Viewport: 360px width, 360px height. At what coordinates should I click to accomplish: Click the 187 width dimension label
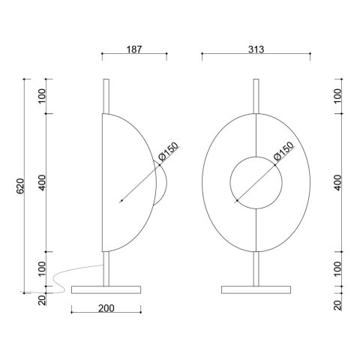tap(134, 49)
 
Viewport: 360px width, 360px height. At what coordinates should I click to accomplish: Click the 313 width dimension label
tap(256, 49)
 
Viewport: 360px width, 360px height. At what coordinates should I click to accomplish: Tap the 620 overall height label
tap(20, 186)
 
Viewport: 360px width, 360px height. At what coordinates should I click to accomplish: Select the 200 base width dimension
tap(106, 308)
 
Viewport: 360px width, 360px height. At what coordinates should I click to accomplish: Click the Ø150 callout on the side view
tap(169, 151)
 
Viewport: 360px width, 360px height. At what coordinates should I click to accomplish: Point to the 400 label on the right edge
tap(337, 182)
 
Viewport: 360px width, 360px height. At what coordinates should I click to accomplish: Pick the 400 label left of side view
tap(43, 182)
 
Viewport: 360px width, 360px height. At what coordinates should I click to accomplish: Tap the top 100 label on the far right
tap(337, 96)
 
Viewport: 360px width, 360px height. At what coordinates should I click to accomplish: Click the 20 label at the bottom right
tap(337, 305)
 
